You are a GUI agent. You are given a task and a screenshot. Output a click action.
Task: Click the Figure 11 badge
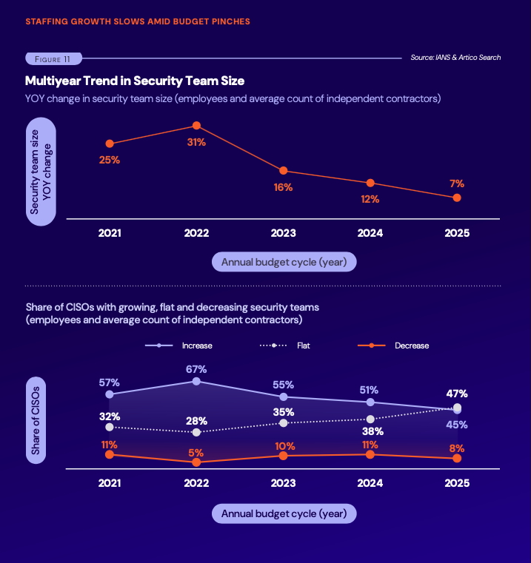tap(53, 58)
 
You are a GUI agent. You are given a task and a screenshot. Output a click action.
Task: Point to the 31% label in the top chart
tap(196, 143)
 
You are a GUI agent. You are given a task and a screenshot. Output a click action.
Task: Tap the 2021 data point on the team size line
tap(110, 144)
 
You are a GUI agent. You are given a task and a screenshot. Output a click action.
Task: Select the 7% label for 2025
tap(457, 183)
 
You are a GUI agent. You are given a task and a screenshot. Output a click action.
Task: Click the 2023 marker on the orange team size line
tap(284, 171)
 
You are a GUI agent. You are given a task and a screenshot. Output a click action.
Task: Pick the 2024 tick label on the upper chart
tap(370, 233)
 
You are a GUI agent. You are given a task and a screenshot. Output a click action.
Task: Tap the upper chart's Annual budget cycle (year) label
tap(284, 261)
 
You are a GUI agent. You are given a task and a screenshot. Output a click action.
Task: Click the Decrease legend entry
tap(393, 345)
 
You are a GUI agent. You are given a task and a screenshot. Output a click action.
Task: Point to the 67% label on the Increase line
tap(196, 368)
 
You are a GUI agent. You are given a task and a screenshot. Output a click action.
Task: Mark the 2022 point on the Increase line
tap(196, 381)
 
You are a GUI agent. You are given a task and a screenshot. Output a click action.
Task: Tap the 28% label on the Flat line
tap(196, 419)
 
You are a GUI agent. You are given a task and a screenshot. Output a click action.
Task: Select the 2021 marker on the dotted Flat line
tap(110, 427)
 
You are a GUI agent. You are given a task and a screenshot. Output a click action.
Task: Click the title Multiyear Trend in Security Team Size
tap(135, 80)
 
